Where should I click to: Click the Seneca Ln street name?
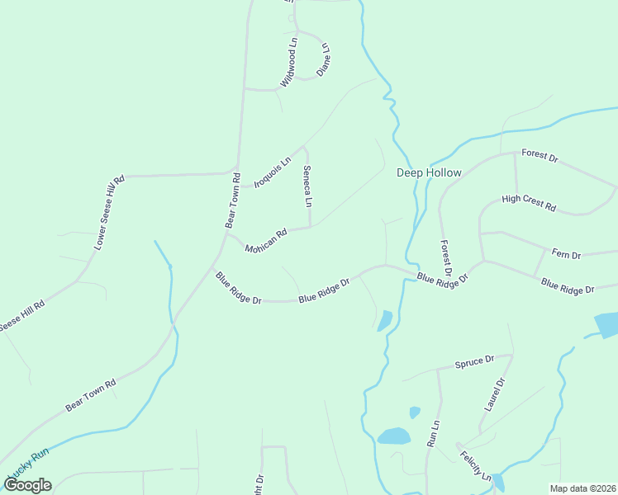tap(307, 186)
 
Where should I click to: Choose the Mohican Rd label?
tap(265, 240)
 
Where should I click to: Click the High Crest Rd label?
tap(529, 202)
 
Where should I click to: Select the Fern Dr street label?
tap(566, 255)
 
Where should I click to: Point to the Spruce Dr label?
tap(474, 361)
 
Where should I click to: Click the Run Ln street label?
tap(432, 432)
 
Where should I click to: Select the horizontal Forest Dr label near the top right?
tap(540, 155)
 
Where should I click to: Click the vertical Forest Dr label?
tap(446, 258)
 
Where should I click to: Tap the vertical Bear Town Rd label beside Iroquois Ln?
tap(232, 200)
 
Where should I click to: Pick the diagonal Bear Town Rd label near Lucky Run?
tap(91, 395)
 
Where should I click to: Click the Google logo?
tap(28, 485)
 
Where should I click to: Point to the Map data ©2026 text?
tap(582, 488)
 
